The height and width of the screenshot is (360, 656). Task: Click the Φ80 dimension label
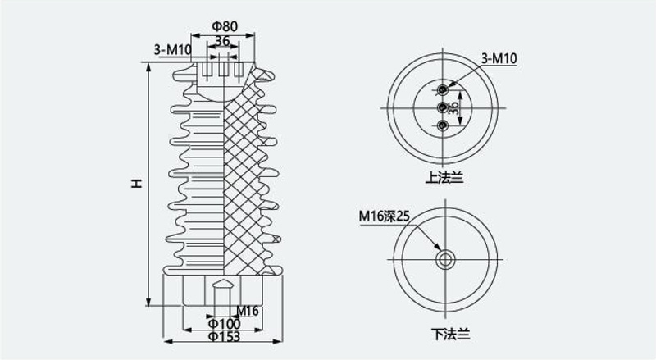coord(225,26)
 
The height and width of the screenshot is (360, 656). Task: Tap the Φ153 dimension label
coord(224,336)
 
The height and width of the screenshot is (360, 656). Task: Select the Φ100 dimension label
coord(224,324)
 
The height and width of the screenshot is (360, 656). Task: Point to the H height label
coord(136,184)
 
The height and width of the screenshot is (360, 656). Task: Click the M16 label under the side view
coord(248,311)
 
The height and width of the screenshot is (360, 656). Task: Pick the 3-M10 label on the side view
coord(172,50)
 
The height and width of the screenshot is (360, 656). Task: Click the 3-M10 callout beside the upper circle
coord(499,58)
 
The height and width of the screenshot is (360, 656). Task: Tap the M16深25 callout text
coord(384,216)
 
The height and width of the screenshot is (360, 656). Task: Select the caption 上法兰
coord(444,178)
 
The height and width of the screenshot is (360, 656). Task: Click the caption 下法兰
coord(450,334)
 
